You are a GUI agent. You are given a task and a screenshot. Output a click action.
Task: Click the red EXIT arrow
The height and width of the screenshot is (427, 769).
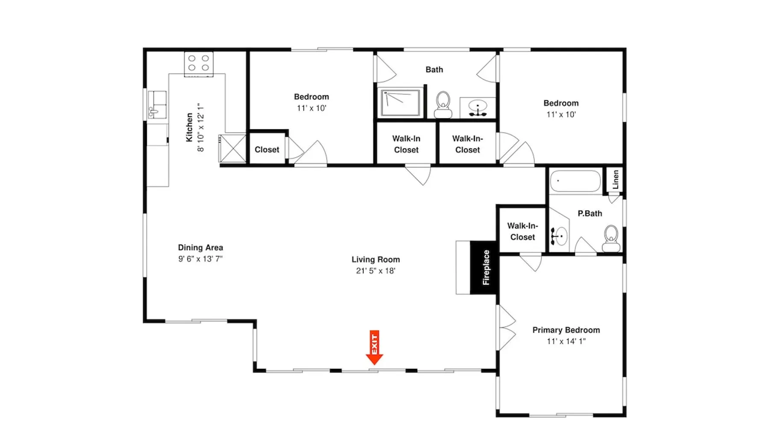coord(374,348)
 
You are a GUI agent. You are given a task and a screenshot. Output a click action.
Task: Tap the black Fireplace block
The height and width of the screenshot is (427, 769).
coord(484,268)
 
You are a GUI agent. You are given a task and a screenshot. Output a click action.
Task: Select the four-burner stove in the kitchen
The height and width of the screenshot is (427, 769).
coord(199,64)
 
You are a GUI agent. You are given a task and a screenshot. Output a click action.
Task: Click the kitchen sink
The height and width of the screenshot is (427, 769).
coord(156,105)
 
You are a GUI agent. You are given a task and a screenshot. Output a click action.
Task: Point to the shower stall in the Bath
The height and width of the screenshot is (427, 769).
coord(401,102)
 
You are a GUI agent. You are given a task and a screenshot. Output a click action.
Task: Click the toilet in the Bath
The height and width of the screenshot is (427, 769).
coord(443,105)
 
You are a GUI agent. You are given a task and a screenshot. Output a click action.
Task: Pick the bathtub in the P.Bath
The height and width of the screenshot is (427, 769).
coord(575,181)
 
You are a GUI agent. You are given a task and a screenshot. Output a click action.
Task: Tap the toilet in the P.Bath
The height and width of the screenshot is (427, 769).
coord(611,239)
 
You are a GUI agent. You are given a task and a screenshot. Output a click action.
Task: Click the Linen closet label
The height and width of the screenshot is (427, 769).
coord(615,179)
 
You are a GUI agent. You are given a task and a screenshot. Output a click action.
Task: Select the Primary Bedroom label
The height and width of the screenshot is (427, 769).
coord(566,330)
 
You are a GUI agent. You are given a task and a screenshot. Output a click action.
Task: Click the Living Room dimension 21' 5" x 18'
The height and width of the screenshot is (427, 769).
coord(376,271)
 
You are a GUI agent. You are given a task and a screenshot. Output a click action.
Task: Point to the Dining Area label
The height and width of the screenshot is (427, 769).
coord(200,248)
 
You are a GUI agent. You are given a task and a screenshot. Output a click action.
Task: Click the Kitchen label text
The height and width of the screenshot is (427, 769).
coord(189,127)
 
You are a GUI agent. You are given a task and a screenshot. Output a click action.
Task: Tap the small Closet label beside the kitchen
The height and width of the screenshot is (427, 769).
coord(267,149)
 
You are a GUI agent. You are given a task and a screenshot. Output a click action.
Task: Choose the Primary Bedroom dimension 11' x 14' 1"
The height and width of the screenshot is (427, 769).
coord(566,341)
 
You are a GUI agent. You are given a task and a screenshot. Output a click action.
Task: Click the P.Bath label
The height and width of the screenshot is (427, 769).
coord(590,213)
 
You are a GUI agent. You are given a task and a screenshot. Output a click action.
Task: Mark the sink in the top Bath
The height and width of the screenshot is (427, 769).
coord(478,108)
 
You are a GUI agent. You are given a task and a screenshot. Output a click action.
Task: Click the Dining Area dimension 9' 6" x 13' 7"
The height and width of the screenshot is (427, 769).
coord(200,259)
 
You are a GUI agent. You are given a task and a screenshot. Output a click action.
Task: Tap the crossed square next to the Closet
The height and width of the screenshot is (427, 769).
coord(233,149)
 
